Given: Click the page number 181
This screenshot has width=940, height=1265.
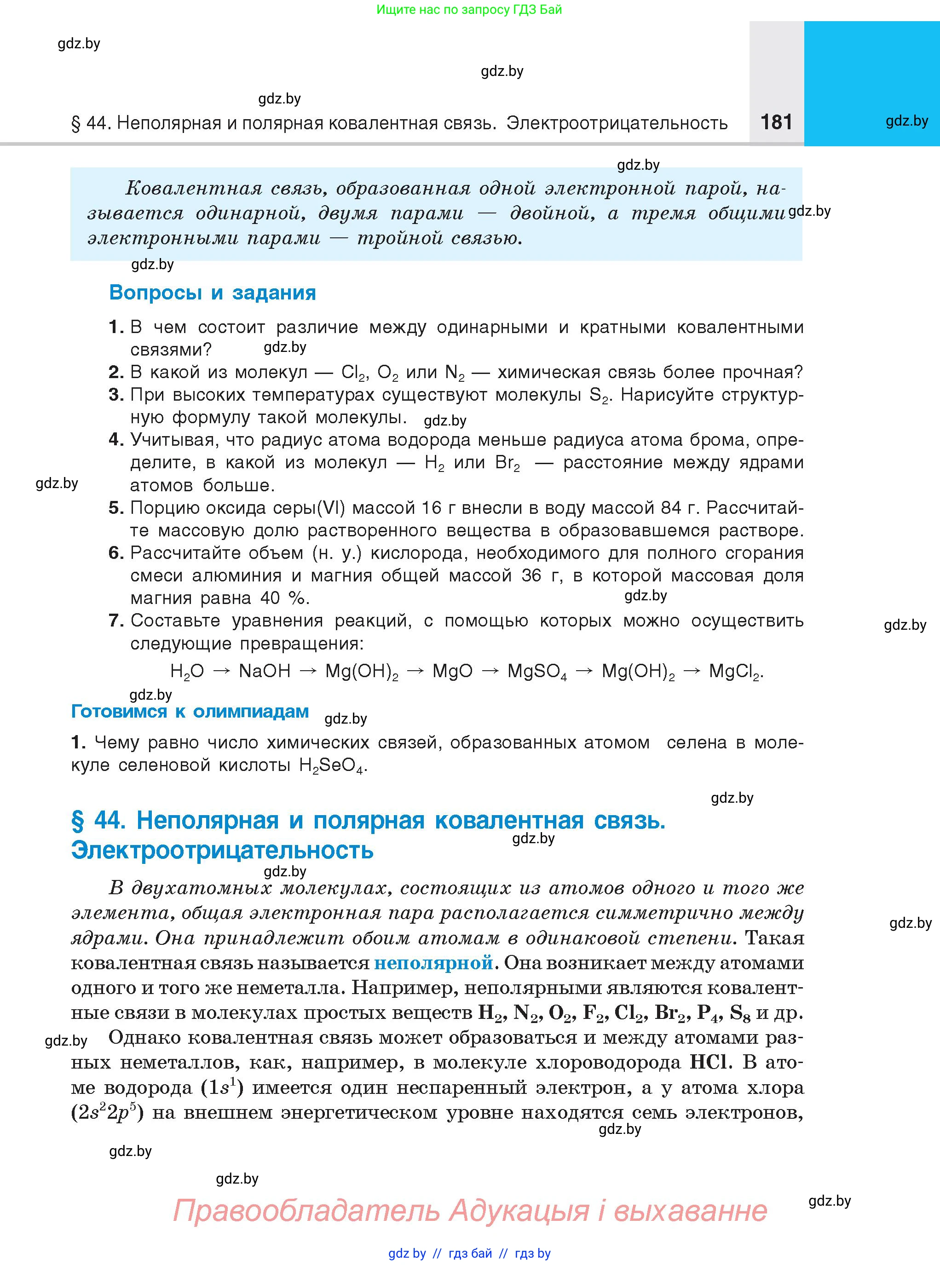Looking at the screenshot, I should click(x=776, y=122).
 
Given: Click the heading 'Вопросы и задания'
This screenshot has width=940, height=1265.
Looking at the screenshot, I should click(x=212, y=293).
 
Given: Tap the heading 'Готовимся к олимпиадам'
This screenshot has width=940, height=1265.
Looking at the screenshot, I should click(x=190, y=712).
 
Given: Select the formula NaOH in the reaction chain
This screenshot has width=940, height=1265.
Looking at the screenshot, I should click(x=265, y=671).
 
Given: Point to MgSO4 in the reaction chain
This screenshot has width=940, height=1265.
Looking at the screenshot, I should click(x=537, y=672).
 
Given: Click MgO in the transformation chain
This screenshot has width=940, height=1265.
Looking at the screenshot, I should click(x=452, y=671).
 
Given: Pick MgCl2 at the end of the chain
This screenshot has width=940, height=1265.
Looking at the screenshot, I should click(x=735, y=672).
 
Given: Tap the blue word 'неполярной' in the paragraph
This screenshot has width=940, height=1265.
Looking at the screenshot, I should click(x=433, y=963).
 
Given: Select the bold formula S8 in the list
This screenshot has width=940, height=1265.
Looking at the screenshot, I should click(x=740, y=1012).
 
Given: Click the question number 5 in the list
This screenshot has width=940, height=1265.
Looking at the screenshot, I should click(x=116, y=508).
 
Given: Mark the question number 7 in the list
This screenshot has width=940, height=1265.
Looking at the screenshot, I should click(x=116, y=621).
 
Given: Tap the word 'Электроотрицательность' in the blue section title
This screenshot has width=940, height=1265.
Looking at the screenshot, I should click(x=222, y=851).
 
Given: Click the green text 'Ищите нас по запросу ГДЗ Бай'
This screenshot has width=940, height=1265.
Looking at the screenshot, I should click(x=469, y=9).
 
